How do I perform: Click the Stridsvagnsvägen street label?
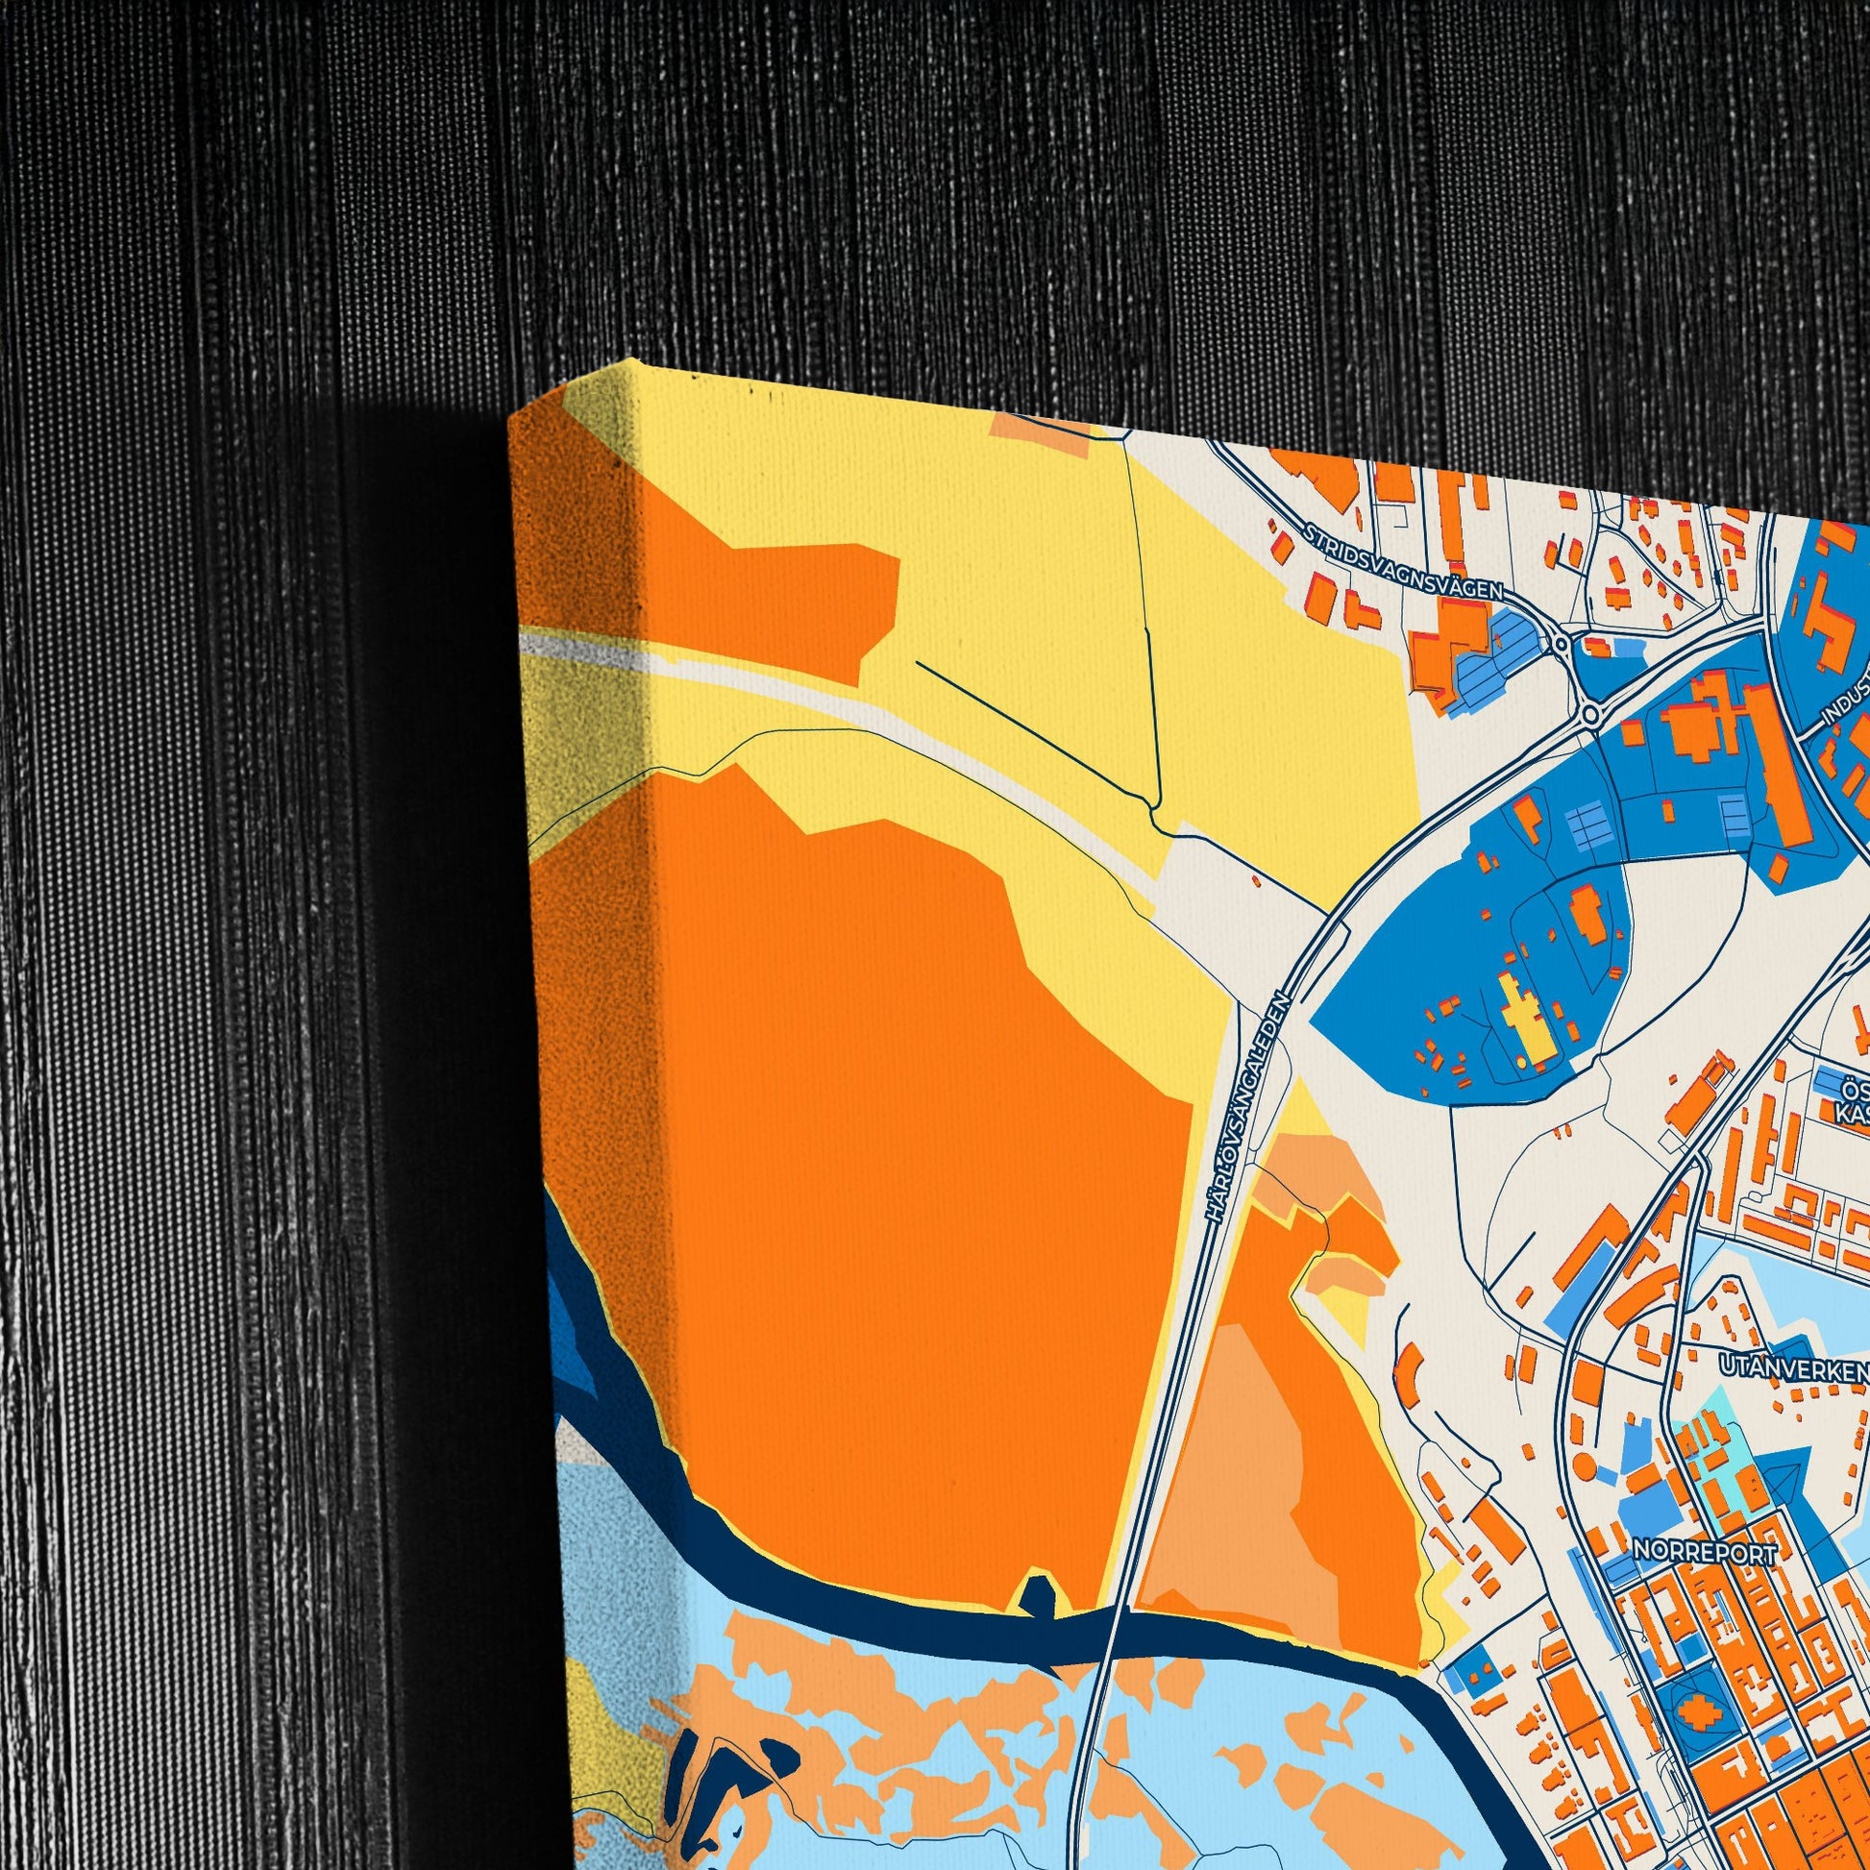pos(1405,560)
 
